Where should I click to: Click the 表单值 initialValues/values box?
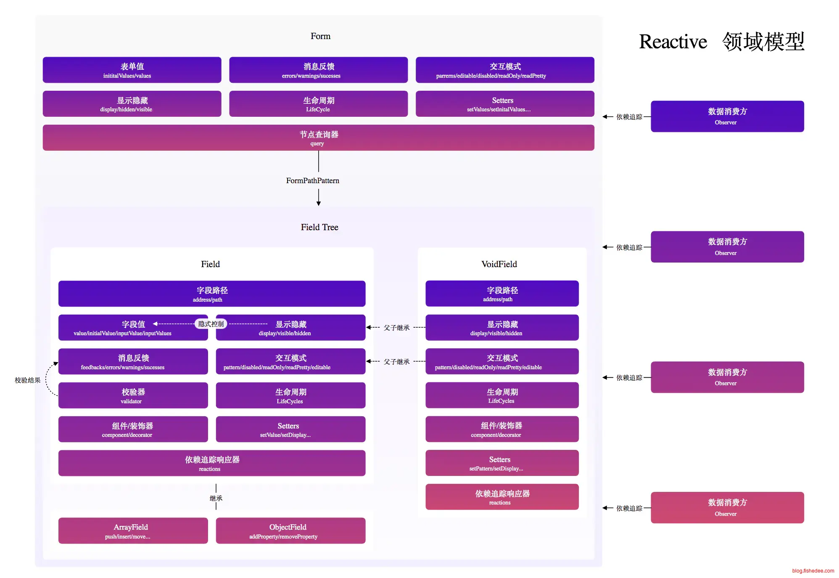click(132, 70)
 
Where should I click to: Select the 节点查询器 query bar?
click(318, 138)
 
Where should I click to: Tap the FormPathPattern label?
click(312, 181)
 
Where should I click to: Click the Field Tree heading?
click(319, 227)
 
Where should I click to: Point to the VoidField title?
click(499, 264)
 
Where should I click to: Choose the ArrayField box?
click(133, 531)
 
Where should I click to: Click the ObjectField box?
click(290, 531)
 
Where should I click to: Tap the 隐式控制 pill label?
click(211, 324)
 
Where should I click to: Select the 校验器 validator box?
click(133, 395)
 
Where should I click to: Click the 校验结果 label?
click(27, 380)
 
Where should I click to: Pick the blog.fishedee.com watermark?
click(813, 571)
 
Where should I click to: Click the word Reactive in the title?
click(673, 42)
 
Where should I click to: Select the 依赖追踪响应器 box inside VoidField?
click(502, 497)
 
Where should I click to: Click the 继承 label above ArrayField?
click(216, 498)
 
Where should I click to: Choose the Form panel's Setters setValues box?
click(505, 104)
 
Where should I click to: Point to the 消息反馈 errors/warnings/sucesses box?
click(318, 70)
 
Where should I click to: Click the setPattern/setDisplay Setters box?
click(502, 463)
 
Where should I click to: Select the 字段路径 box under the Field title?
click(212, 294)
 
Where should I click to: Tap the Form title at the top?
click(320, 37)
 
